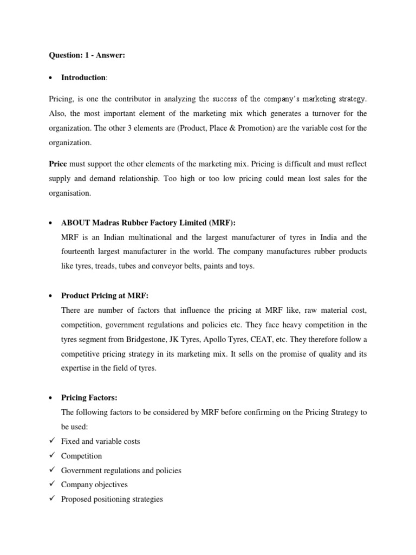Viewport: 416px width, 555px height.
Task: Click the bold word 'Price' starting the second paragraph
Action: tap(58, 164)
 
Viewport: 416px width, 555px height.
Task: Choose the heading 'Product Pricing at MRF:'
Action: tap(105, 295)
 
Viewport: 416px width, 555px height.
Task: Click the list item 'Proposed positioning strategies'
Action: tap(112, 499)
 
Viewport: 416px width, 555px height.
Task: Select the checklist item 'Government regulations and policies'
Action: tap(121, 470)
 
